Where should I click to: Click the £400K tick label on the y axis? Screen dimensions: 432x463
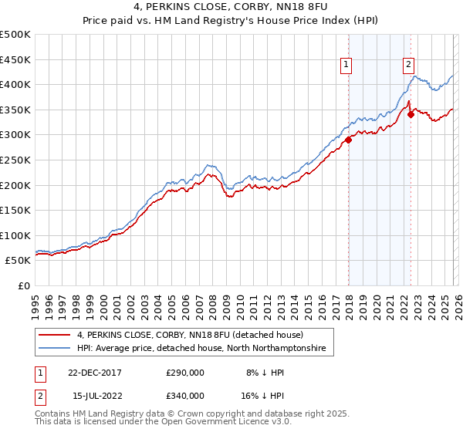click(15, 85)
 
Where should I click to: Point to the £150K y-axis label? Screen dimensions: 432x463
click(15, 210)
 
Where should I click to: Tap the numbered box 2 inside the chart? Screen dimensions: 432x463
click(408, 66)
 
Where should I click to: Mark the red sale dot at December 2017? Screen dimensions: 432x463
click(349, 140)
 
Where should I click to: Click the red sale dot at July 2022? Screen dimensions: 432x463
click(411, 115)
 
